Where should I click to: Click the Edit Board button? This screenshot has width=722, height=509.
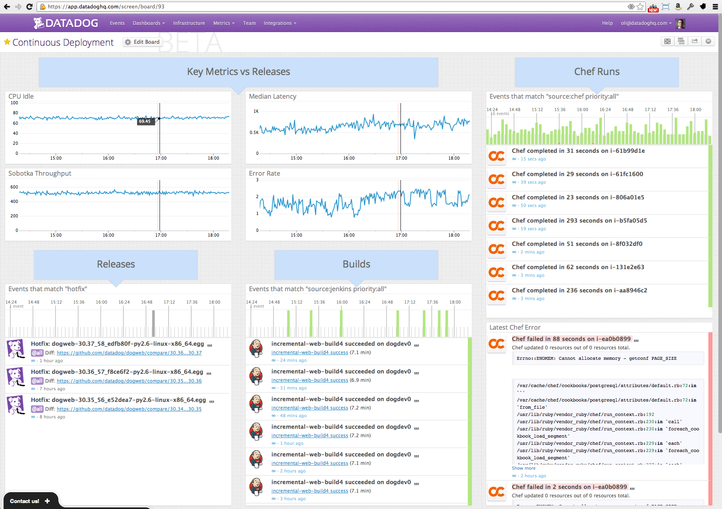coord(143,42)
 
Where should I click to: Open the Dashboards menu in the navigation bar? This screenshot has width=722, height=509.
coord(148,23)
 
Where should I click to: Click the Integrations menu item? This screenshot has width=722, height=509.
coord(279,23)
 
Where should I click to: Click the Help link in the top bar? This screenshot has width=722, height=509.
coord(607,23)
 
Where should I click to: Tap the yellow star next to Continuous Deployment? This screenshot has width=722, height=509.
coord(7,42)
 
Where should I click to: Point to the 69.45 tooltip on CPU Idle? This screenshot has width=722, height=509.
coord(145,121)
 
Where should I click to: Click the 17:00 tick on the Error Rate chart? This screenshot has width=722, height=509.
coord(401,235)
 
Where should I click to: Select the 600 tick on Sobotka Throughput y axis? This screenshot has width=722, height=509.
coord(14,187)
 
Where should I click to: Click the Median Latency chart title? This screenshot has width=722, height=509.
coord(272,96)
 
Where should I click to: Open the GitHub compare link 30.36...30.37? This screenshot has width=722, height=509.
coord(129,353)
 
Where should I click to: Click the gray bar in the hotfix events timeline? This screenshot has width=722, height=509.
coord(153,323)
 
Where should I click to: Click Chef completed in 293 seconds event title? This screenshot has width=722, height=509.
coord(579,221)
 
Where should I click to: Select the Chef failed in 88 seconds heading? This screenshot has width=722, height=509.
coord(571,339)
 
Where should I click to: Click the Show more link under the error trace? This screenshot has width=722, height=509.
coord(523,468)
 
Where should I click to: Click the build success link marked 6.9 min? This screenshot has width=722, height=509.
coord(309,380)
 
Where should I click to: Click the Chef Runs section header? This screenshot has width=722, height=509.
coord(597,72)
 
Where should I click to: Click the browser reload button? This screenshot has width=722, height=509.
coord(29,6)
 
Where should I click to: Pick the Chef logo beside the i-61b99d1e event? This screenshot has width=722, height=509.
coord(497,156)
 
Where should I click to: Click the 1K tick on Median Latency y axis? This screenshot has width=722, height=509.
coord(256,112)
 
